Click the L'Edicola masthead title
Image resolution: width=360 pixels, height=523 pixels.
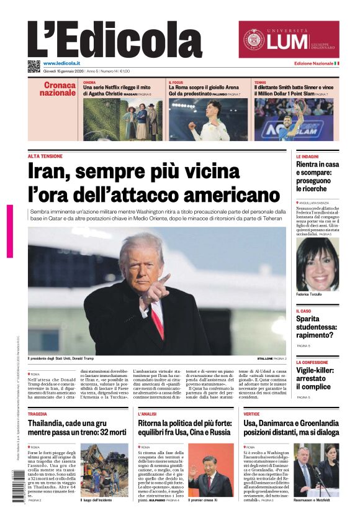click(x=106, y=40)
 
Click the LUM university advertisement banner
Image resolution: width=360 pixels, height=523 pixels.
click(x=289, y=40)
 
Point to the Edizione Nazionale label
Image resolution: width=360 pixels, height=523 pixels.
click(x=313, y=64)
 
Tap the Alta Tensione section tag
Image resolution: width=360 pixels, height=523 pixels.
click(x=45, y=156)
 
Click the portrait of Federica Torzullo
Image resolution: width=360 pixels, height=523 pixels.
click(x=317, y=264)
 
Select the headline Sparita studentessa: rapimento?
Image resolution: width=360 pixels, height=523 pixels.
click(x=316, y=327)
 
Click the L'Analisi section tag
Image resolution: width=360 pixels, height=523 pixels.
click(x=147, y=413)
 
